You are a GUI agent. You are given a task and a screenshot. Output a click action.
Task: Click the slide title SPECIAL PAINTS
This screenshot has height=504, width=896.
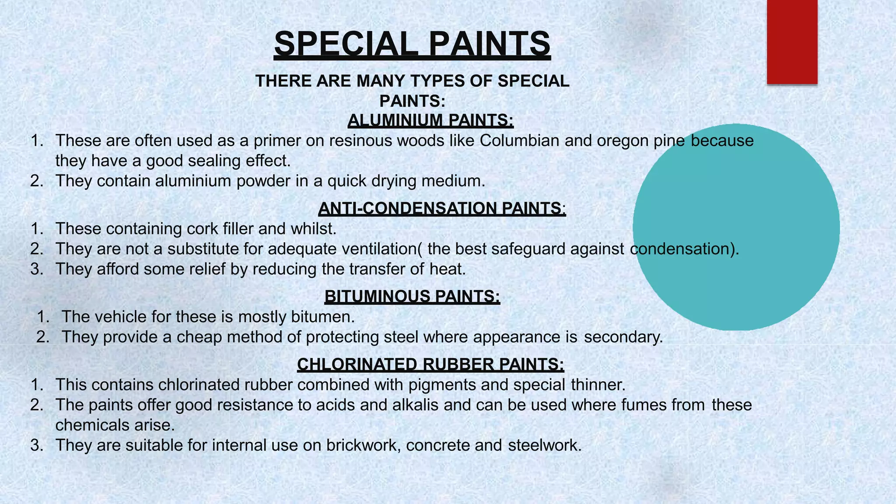412,44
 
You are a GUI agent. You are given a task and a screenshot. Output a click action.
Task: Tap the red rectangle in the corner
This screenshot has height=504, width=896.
792,42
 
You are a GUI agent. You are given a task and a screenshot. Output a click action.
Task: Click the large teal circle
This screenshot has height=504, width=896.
736,227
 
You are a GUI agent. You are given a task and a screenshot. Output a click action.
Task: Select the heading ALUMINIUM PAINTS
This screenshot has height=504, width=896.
430,120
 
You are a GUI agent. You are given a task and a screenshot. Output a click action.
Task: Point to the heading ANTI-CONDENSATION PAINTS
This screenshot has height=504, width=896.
442,208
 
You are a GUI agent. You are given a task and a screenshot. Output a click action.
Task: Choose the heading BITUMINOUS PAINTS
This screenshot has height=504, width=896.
412,297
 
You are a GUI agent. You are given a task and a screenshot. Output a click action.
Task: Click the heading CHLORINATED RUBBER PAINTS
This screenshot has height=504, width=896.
430,364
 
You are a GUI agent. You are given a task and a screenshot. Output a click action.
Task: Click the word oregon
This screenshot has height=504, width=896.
623,141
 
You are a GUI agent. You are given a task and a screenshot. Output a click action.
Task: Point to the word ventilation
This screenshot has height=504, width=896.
379,249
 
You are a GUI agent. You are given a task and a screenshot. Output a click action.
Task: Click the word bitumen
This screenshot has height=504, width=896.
322,317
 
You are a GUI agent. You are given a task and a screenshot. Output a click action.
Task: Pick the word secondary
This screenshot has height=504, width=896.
623,337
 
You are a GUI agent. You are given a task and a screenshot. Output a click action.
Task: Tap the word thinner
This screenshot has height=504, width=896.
598,385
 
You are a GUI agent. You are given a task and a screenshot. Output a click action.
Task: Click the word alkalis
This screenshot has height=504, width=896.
415,405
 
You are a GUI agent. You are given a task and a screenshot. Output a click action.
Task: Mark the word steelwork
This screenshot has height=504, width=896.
544,445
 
